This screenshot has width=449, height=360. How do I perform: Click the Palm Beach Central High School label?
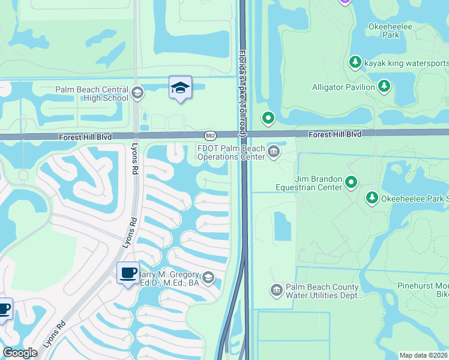pos(91,94)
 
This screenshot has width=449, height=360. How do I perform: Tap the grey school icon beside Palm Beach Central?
pos(137,92)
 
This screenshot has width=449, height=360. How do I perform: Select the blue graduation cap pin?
pos(180,87)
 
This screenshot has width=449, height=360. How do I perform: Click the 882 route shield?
pos(210,136)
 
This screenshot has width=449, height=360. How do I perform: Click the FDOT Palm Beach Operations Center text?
pos(231,153)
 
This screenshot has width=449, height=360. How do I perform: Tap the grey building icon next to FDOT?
pos(274,151)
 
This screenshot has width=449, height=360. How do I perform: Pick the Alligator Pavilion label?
pos(343,87)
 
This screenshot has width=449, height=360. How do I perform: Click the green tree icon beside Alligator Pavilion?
pos(384,87)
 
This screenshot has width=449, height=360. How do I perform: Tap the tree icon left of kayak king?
pos(355,62)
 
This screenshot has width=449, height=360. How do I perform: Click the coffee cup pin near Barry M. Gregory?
pos(128,273)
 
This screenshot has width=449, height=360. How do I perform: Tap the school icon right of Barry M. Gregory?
pos(208,277)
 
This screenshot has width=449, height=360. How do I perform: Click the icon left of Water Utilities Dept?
pos(276,290)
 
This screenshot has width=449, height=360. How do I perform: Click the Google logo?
pos(20,353)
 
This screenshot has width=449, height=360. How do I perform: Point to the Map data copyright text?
pos(424,355)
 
